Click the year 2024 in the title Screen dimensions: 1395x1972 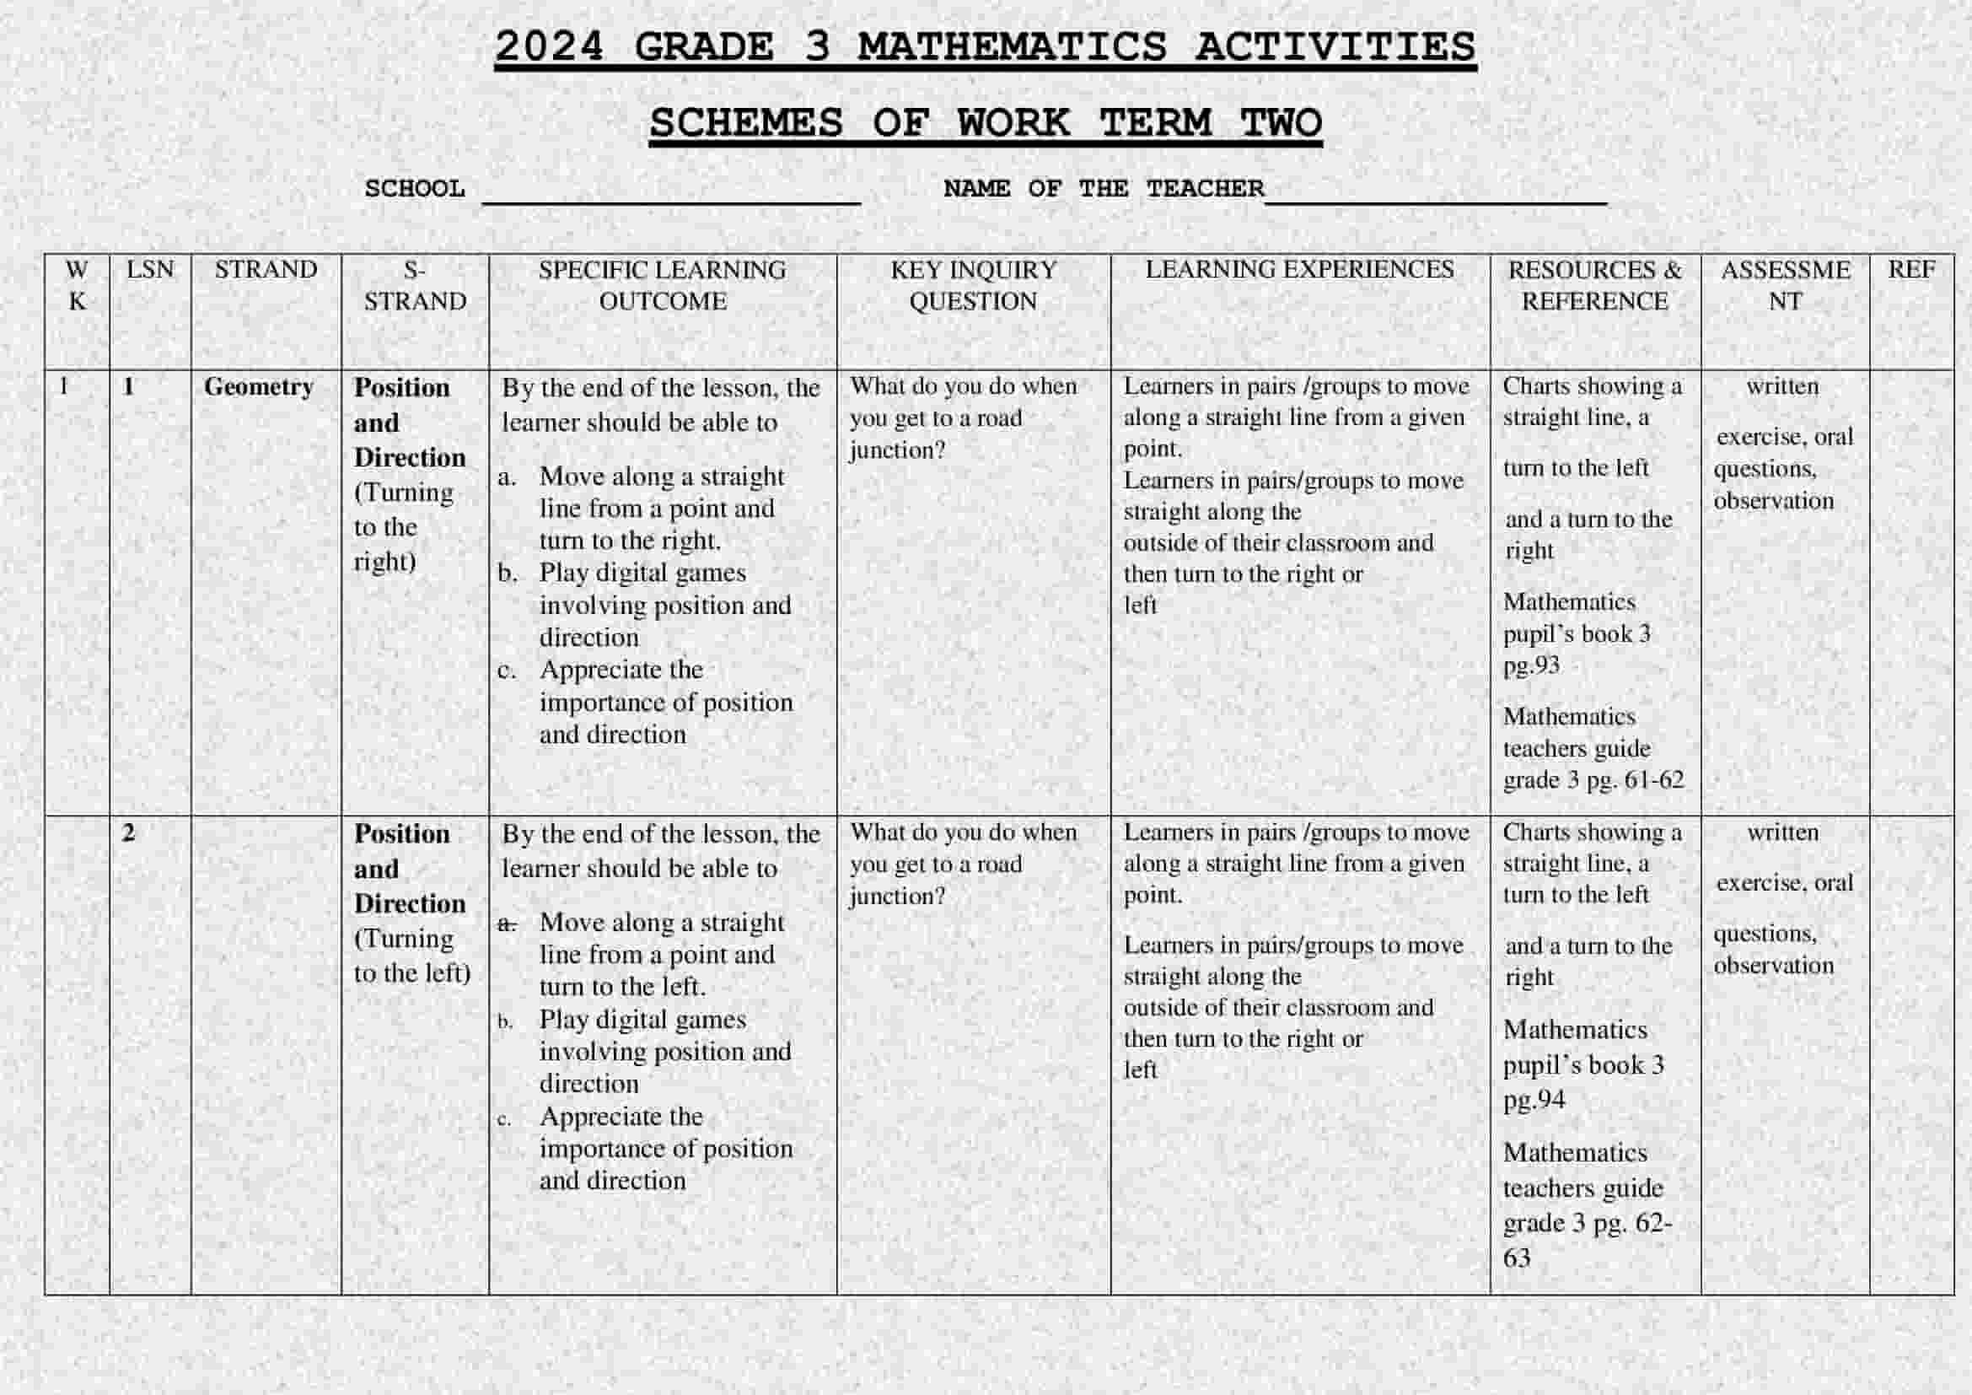549,46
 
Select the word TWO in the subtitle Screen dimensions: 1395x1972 1281,123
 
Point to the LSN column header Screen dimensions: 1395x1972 150,270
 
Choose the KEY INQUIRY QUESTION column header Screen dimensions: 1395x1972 973,285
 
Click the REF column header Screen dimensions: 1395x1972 1911,270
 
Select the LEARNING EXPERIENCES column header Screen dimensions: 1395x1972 1299,270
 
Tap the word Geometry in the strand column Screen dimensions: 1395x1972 259,387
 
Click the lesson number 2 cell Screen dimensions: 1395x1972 129,832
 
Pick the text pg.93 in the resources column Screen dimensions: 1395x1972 1531,665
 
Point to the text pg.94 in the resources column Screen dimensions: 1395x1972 1534,1100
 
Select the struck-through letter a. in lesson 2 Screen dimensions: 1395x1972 507,924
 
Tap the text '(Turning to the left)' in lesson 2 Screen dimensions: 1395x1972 411,956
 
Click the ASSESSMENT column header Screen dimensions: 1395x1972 1785,285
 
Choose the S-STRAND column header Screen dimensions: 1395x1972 415,285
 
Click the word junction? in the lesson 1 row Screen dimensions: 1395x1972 898,450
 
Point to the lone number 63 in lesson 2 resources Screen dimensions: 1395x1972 1517,1258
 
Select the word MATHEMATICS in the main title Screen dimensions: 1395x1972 1012,46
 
